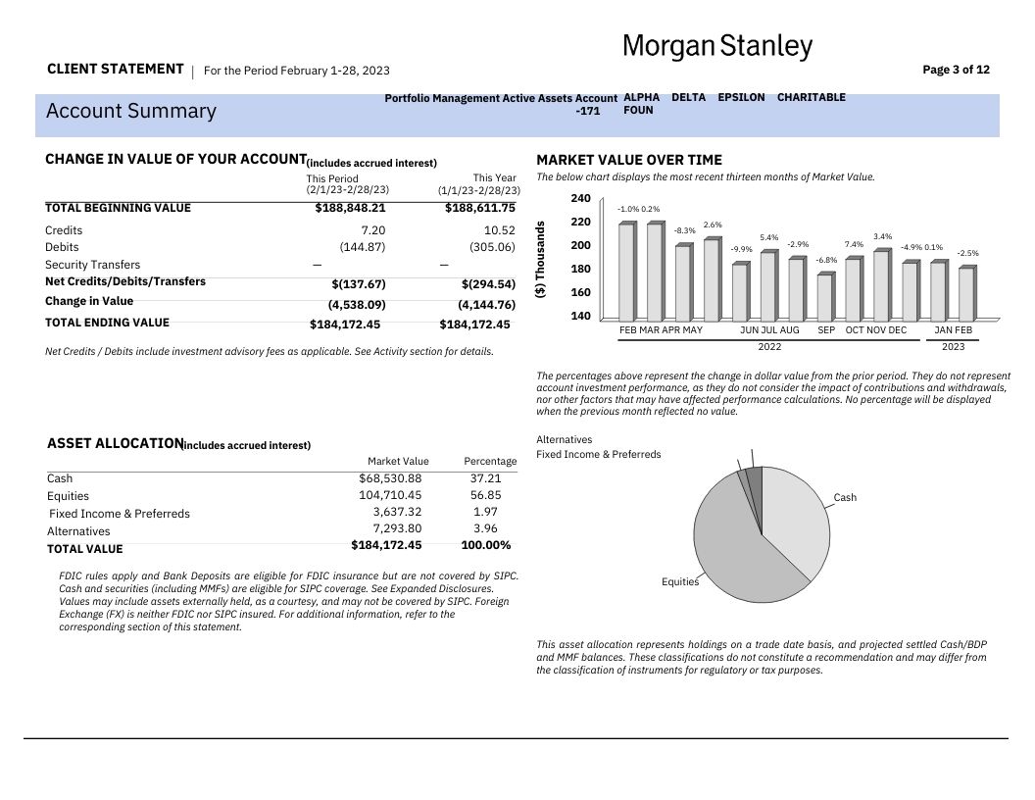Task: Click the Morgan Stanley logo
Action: tap(717, 46)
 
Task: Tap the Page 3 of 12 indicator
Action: tap(956, 70)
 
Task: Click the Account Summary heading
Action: tap(130, 110)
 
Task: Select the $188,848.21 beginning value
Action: tap(350, 208)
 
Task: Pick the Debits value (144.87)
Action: tap(363, 247)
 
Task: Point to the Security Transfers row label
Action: tap(92, 265)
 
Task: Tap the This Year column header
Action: tap(494, 178)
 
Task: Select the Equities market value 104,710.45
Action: tap(390, 496)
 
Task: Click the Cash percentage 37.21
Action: tap(485, 478)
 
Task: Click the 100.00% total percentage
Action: tap(485, 546)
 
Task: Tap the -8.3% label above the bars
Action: tap(684, 230)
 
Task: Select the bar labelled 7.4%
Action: tap(853, 289)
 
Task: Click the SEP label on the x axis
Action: tap(826, 330)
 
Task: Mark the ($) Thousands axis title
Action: tap(540, 261)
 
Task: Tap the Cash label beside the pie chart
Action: tap(845, 498)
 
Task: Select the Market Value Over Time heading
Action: tap(629, 160)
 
